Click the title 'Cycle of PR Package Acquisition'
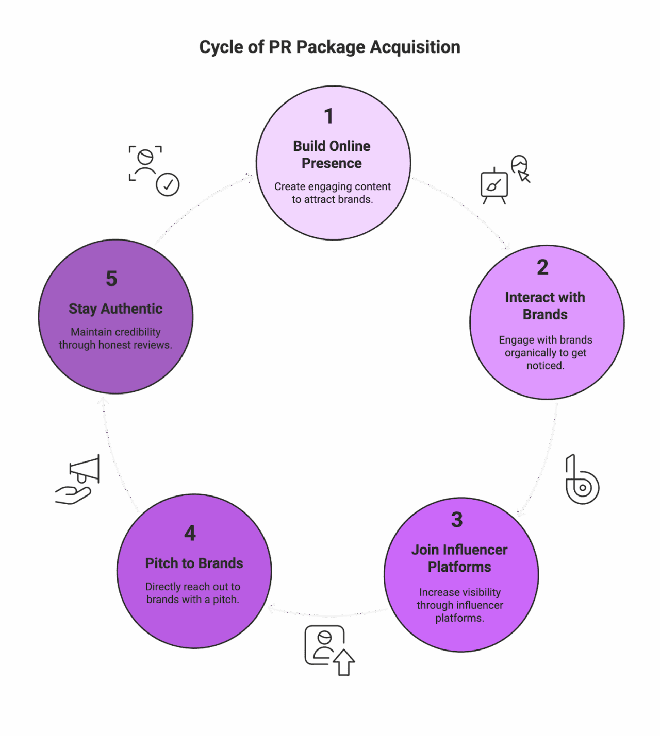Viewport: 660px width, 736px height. click(329, 47)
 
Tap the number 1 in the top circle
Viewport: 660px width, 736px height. click(328, 116)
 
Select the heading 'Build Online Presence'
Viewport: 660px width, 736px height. click(332, 155)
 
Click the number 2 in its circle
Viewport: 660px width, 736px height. click(542, 267)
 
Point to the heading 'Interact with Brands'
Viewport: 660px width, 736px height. click(545, 306)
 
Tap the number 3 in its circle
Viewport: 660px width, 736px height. click(457, 520)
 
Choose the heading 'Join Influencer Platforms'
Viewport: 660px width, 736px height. click(459, 558)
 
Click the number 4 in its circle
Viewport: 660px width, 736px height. click(190, 534)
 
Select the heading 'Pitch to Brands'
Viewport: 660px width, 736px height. click(194, 563)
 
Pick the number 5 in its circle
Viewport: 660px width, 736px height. click(111, 279)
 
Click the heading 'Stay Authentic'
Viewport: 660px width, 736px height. click(115, 309)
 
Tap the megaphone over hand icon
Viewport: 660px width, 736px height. click(78, 480)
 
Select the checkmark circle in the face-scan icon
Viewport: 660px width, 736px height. click(168, 184)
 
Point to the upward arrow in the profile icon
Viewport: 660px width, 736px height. click(344, 662)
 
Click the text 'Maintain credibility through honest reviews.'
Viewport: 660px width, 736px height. click(115, 338)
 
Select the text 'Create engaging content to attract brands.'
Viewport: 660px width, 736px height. click(332, 193)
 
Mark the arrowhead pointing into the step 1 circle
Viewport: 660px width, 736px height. click(250, 178)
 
